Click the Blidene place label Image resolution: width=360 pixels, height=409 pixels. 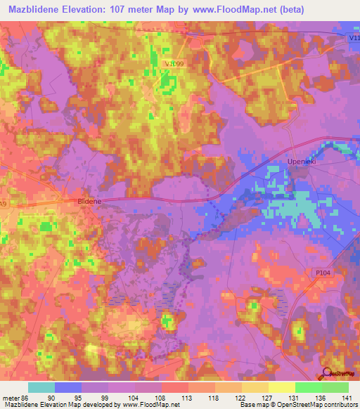pyautogui.click(x=89, y=201)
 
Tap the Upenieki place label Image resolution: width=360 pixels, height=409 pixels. pyautogui.click(x=303, y=162)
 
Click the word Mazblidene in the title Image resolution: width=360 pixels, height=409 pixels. pyautogui.click(x=38, y=9)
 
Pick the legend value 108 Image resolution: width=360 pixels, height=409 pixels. pyautogui.click(x=161, y=397)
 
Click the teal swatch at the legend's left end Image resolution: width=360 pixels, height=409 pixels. pyautogui.click(x=41, y=387)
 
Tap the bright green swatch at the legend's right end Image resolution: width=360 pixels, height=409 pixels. pyautogui.click(x=335, y=387)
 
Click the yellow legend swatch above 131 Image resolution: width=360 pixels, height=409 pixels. pyautogui.click(x=281, y=387)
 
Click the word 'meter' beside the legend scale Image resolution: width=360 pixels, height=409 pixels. pyautogui.click(x=10, y=397)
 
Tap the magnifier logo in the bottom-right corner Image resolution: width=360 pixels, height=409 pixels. pyautogui.click(x=327, y=374)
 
